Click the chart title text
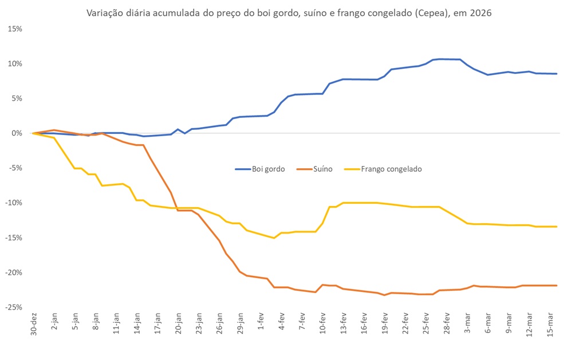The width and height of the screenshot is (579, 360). pyautogui.click(x=289, y=13)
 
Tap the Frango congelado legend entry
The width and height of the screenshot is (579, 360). pyautogui.click(x=391, y=169)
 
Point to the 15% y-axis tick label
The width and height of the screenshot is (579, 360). pyautogui.click(x=15, y=29)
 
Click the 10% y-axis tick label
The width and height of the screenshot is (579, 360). pyautogui.click(x=15, y=64)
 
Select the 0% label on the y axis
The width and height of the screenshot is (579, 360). pyautogui.click(x=17, y=133)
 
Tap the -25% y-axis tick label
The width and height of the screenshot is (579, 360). pyautogui.click(x=14, y=307)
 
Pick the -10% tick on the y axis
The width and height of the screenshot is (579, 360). pyautogui.click(x=14, y=203)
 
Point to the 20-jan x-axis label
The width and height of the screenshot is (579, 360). pyautogui.click(x=178, y=325)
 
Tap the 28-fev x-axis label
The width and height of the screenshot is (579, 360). pyautogui.click(x=446, y=325)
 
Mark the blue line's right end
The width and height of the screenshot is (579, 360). pyautogui.click(x=557, y=74)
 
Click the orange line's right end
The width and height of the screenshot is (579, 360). pyautogui.click(x=557, y=286)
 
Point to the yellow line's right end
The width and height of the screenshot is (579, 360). pyautogui.click(x=557, y=227)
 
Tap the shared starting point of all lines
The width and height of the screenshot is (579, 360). pyautogui.click(x=33, y=133)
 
